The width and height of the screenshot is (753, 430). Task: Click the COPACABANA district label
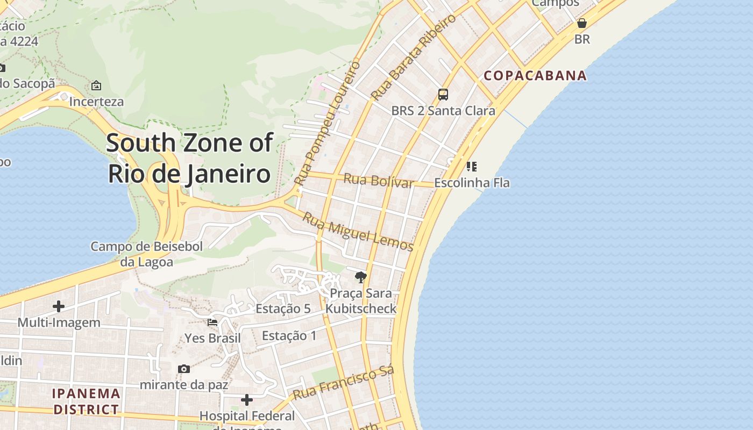coord(535,75)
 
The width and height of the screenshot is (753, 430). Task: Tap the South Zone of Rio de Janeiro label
coord(189,159)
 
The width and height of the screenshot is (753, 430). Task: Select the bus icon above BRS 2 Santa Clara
coord(443,95)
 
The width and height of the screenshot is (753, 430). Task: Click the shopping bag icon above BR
coord(582,23)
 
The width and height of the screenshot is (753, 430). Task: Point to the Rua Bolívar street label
coord(379,181)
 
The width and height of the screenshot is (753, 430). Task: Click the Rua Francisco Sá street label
coord(343,383)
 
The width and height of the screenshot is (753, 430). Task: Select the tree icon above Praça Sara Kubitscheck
coord(361,277)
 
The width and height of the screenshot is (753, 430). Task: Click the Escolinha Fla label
coord(472,183)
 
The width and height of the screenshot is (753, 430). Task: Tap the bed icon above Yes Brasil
coord(212,322)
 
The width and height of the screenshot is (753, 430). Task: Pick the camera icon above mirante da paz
coord(184,369)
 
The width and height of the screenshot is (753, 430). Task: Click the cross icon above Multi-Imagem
coord(59,306)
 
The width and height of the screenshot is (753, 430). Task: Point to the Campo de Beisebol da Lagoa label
coord(146,254)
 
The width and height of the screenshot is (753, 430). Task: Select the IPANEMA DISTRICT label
coord(86,402)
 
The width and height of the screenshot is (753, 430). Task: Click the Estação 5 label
coord(283,309)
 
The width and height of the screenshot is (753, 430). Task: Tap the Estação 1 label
coord(289,336)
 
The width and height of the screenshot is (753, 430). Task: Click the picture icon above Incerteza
coord(96,85)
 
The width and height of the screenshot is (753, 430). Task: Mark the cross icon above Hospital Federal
coord(247,400)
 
